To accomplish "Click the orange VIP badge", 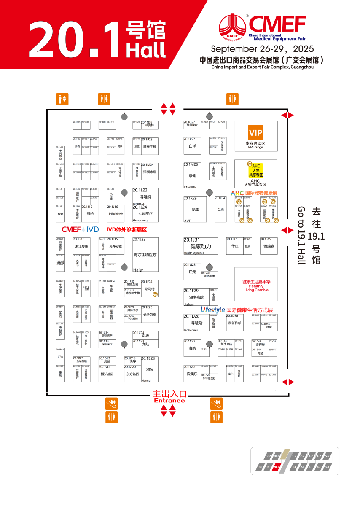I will (255, 133).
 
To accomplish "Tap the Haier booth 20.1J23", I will (145, 255).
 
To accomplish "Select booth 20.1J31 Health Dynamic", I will (201, 246).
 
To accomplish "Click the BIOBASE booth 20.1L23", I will (145, 196).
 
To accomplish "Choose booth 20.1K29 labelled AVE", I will (195, 209).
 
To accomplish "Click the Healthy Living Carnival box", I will (256, 285).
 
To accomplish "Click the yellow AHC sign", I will (256, 170).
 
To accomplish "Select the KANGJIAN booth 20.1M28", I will (192, 175).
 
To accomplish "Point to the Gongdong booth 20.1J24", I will (145, 214).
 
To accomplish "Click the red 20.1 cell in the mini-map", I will (277, 467).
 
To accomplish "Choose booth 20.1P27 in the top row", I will (192, 145).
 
